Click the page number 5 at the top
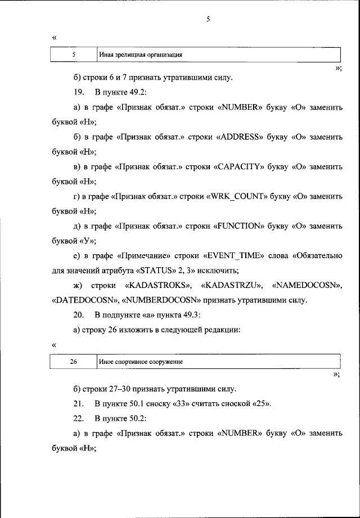(x=208, y=19)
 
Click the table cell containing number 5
(x=74, y=55)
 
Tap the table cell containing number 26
(x=74, y=362)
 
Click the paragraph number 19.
(x=78, y=91)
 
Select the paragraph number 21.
(x=78, y=404)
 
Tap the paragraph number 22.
(x=78, y=419)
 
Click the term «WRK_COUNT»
(x=240, y=196)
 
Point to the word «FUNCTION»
(x=241, y=226)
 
